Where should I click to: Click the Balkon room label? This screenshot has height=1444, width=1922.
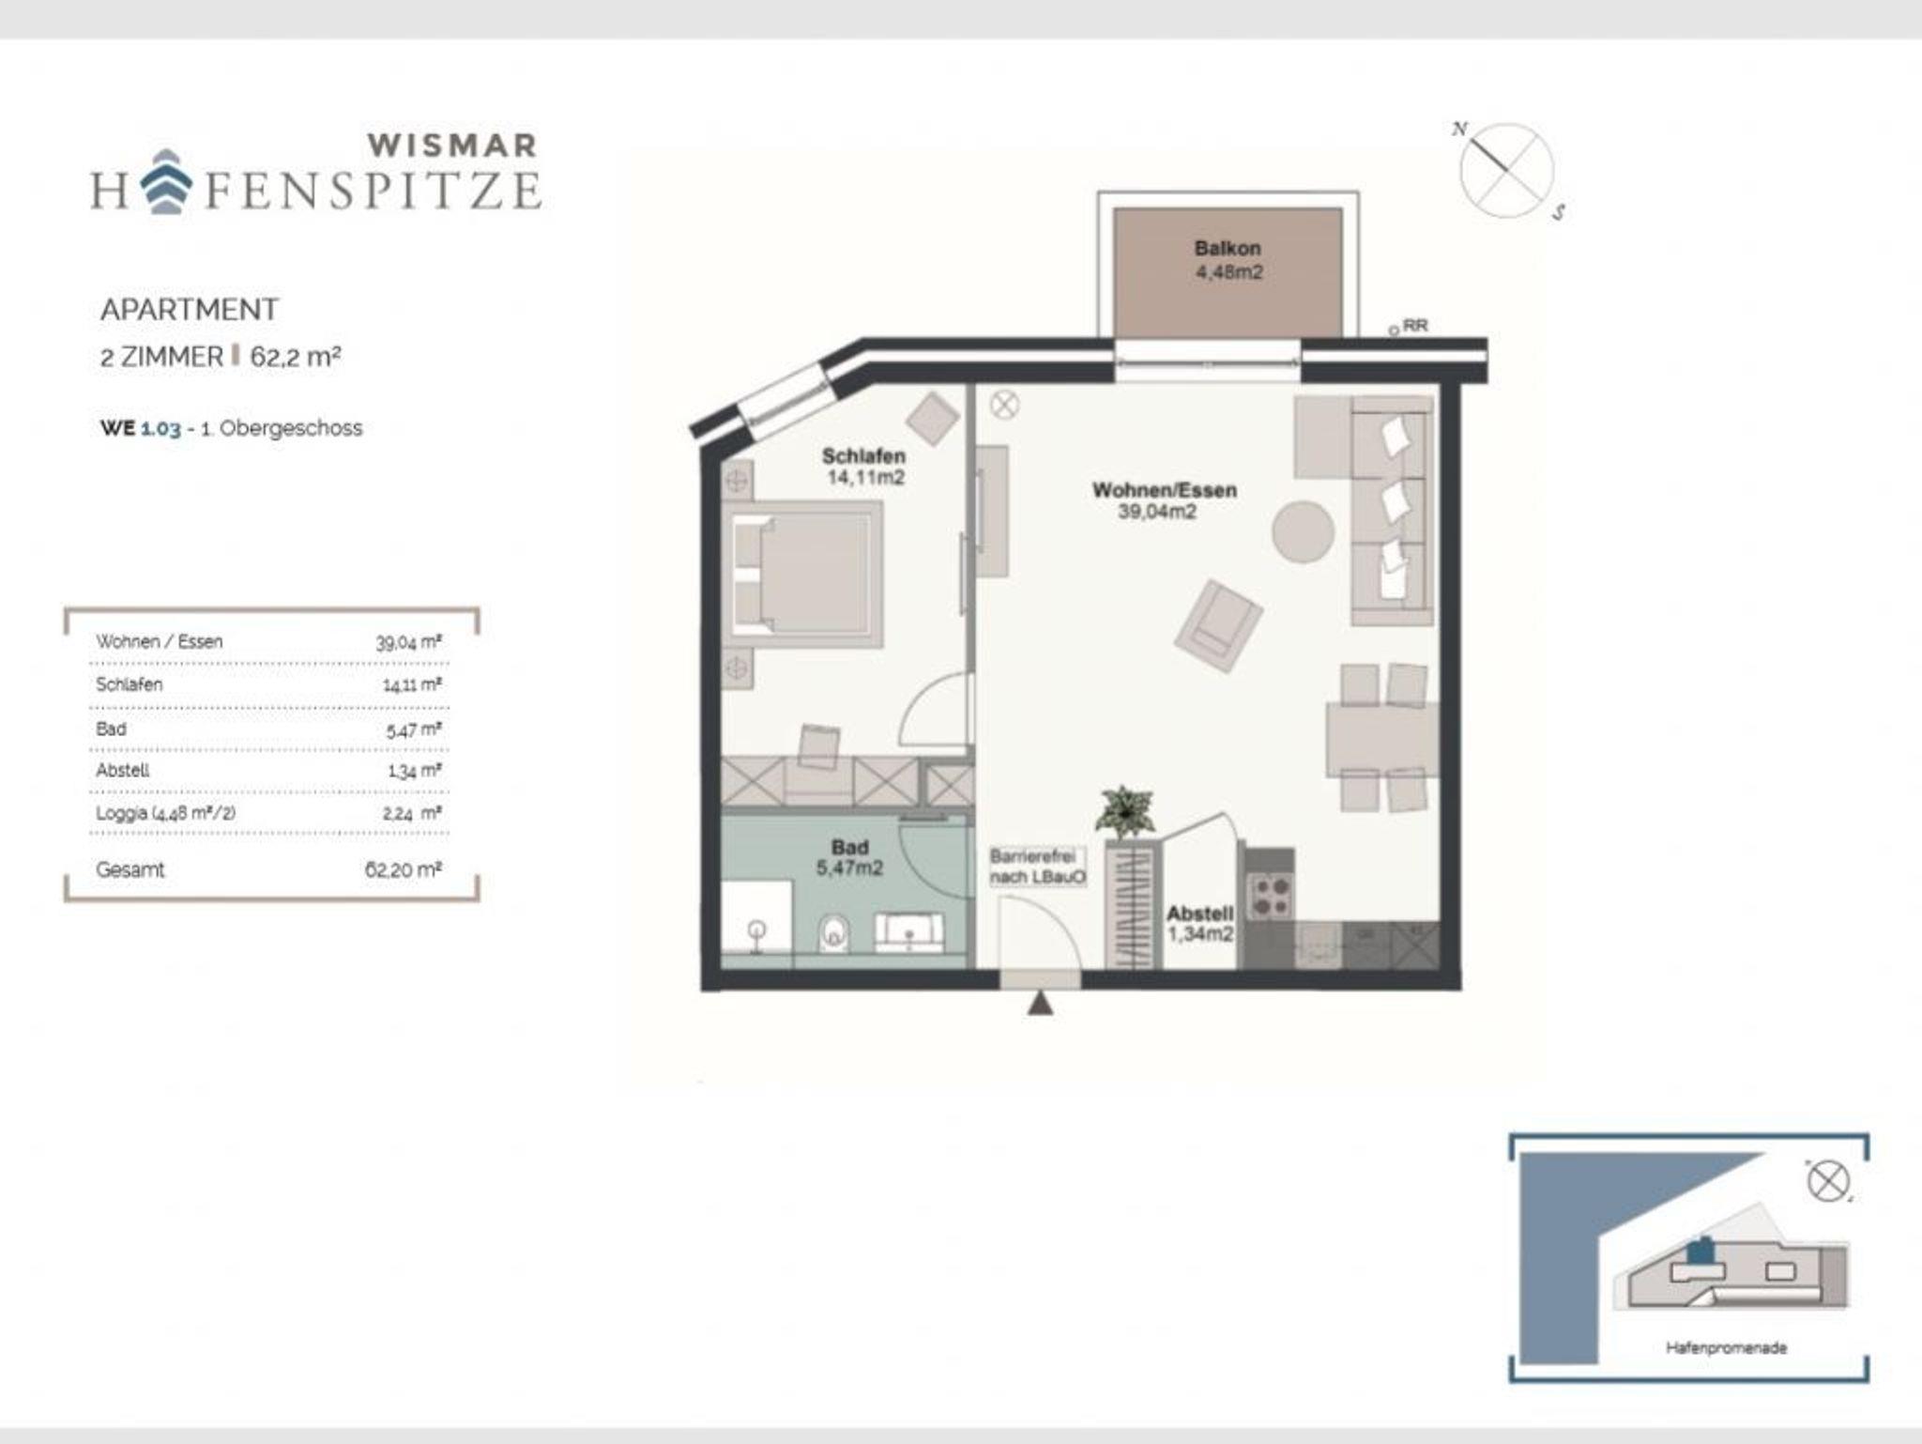[1228, 249]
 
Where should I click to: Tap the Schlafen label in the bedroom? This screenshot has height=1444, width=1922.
[863, 456]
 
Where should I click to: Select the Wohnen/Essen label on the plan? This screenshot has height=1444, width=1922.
[1164, 490]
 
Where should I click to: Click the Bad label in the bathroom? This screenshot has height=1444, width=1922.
[850, 847]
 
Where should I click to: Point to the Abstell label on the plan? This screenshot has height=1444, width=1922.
[1199, 914]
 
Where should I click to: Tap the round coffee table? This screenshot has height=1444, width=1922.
[1303, 531]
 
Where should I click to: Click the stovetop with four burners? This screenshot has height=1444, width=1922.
[1271, 894]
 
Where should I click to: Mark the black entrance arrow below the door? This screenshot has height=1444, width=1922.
[1040, 1004]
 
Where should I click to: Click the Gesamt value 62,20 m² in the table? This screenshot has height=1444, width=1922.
[403, 869]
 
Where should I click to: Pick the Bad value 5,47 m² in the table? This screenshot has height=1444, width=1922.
[414, 730]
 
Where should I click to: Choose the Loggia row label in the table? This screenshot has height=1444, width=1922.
[165, 813]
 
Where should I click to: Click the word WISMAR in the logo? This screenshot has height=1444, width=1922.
[451, 146]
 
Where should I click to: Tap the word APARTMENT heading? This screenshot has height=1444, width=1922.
[190, 310]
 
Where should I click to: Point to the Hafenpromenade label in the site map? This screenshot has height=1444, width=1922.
[1726, 1347]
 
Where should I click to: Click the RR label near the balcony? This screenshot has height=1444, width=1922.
[1416, 326]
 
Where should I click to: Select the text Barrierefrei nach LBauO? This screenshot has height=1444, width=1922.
[1038, 868]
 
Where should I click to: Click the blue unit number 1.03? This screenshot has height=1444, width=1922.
[160, 428]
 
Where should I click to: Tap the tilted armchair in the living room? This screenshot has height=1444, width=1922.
[1217, 625]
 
